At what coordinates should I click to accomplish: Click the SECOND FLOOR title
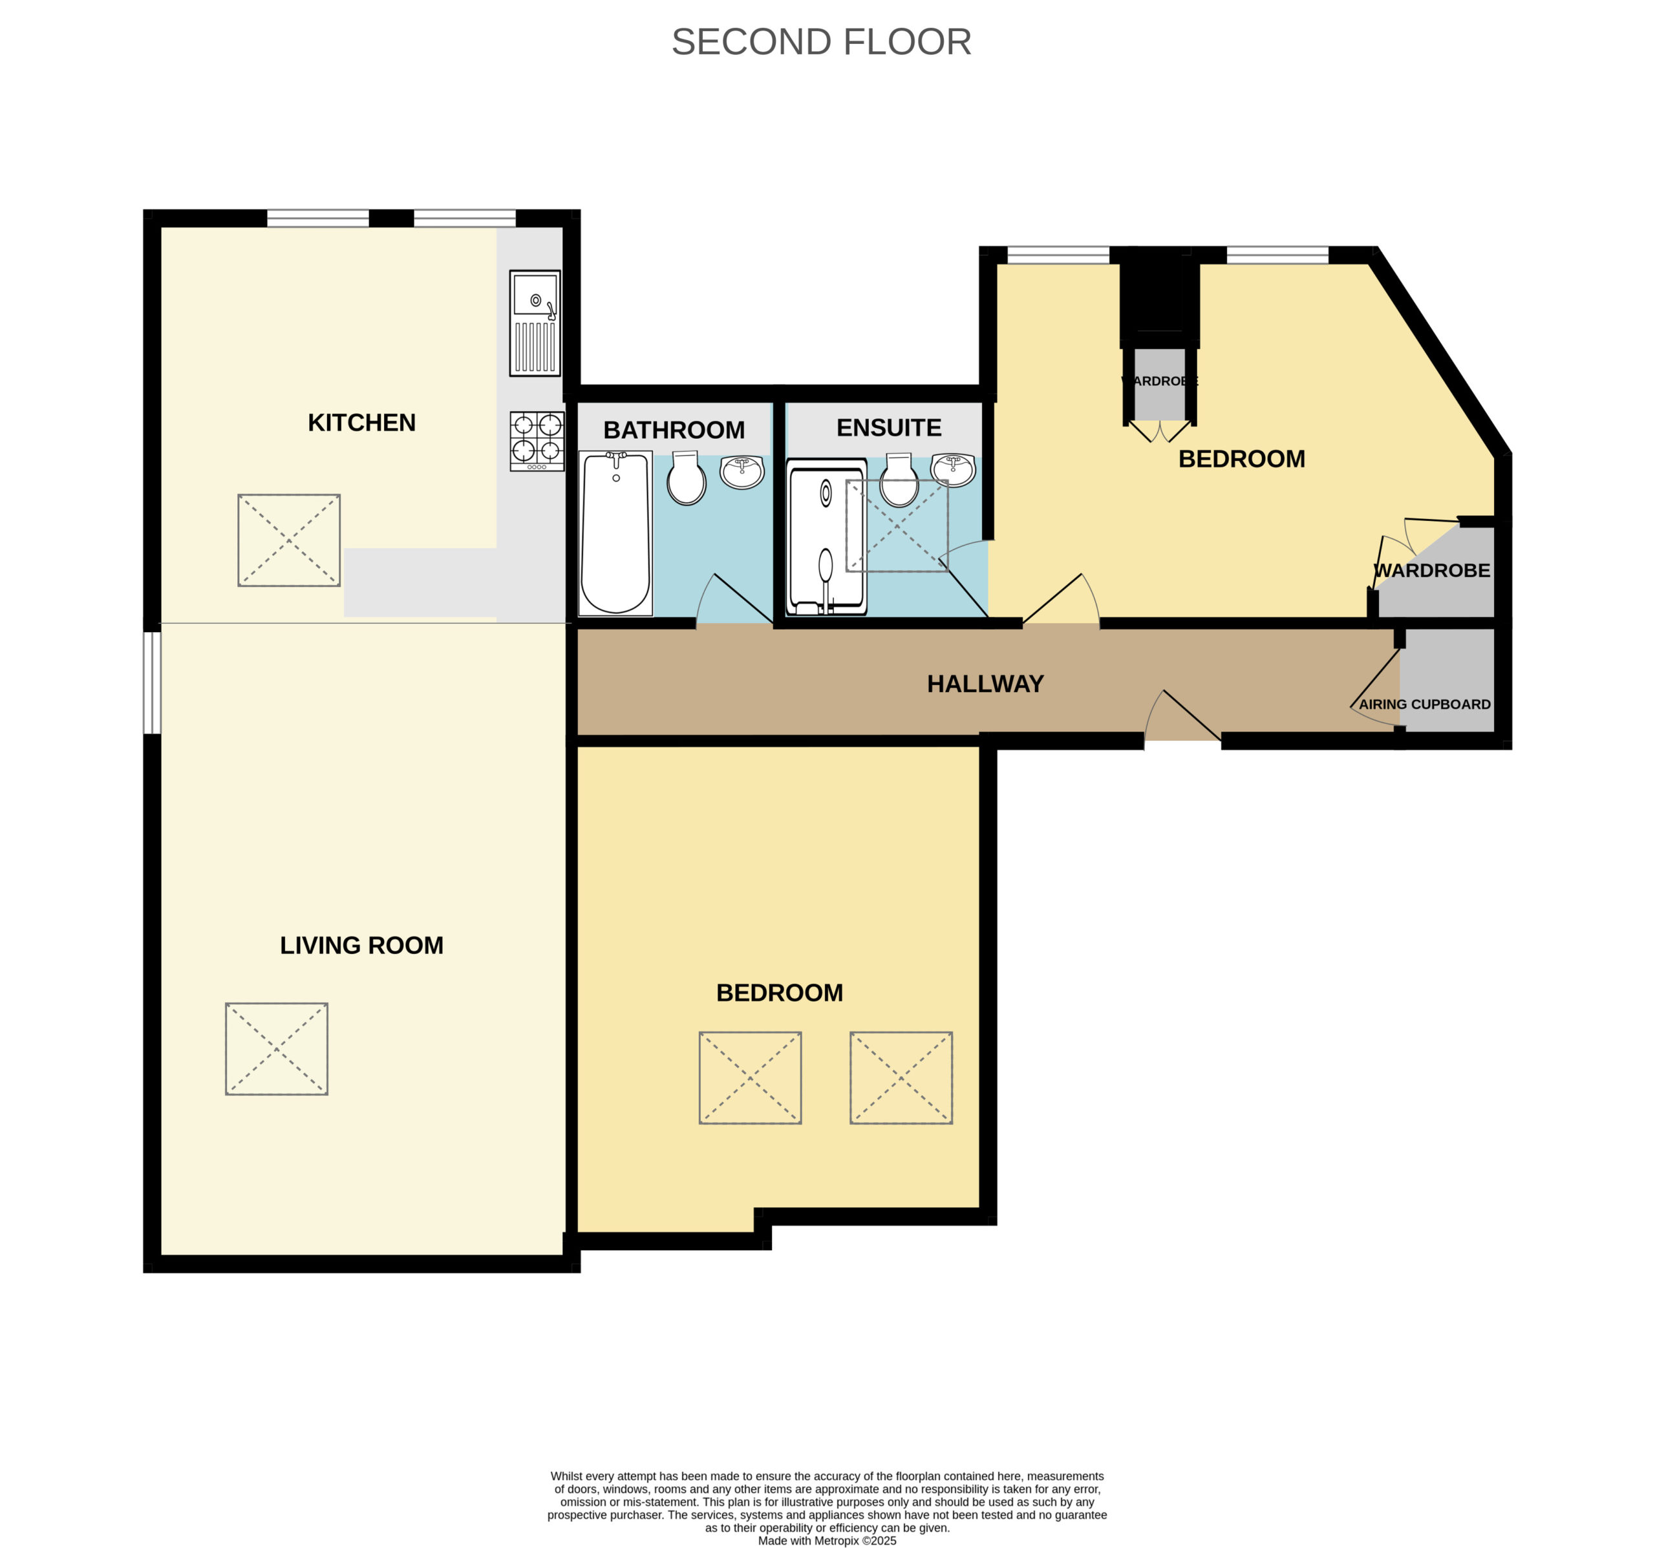821,41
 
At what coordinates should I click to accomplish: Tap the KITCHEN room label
361,422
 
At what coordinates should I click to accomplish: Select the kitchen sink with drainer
535,323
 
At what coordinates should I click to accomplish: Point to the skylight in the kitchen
289,540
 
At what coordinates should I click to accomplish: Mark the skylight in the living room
277,1048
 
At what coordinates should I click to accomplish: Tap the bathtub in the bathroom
615,533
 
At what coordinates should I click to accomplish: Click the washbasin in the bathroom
742,472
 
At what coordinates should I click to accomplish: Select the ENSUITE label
889,427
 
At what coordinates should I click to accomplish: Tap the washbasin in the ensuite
952,469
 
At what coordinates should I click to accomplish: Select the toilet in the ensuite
899,480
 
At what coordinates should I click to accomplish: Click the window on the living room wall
153,683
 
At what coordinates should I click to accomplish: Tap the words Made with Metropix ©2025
827,1540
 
